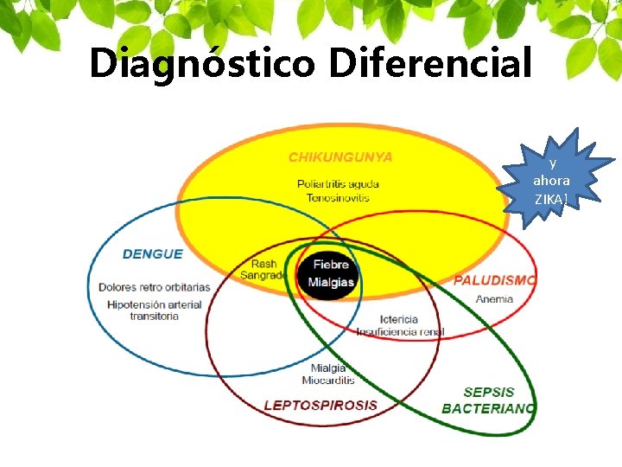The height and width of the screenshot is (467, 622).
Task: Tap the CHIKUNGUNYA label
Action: coord(340,157)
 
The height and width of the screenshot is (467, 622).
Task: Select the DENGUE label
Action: coord(153,253)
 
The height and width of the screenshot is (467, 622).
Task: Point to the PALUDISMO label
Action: coord(495,280)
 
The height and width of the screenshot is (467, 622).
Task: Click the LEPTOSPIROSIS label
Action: coord(321,404)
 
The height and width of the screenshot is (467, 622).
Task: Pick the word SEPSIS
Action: coord(489,392)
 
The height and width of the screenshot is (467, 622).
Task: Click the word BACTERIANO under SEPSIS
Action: coord(488,408)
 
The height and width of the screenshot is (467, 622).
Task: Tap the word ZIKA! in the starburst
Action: coord(550,200)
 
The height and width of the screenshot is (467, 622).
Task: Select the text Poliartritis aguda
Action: coord(338,183)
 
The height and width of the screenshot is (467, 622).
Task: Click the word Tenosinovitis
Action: coord(338,197)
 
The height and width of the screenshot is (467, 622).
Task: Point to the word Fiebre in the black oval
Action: coord(331,265)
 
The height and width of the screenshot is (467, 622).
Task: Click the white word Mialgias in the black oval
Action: coord(332,282)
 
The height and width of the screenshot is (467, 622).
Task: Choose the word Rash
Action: coord(263,264)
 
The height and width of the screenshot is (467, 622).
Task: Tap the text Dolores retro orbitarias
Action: coord(154,287)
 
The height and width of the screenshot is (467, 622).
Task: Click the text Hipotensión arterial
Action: coord(155,304)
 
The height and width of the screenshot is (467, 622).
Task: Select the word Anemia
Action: coord(494,299)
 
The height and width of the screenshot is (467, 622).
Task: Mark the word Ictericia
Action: coord(399,319)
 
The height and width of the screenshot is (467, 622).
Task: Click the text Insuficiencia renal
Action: coord(400,331)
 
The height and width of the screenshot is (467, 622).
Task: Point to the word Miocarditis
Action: coord(328,381)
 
